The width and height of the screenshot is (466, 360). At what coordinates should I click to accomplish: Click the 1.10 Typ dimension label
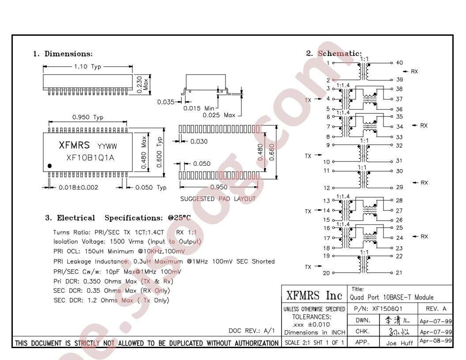pos(88,67)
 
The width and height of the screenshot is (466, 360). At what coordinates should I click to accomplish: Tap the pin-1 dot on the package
pos(49,166)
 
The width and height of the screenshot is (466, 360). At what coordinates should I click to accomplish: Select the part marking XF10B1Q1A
pos(90,158)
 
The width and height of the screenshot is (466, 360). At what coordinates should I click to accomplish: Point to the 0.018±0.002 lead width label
pos(79,187)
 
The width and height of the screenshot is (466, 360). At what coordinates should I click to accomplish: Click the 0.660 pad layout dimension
pos(272,152)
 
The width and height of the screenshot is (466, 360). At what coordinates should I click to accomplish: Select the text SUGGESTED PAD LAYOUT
pos(218,199)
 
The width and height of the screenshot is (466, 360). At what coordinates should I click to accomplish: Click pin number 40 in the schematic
pos(399,63)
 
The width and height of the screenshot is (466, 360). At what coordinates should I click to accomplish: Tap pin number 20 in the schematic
pos(326,273)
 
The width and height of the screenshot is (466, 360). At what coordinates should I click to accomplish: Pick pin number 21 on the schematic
pos(399,272)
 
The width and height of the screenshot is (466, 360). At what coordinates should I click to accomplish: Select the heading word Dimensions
pos(68,54)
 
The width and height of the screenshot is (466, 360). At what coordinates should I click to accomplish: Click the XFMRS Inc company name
pos(314,296)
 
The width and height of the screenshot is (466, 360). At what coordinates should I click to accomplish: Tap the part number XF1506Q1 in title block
pos(387,309)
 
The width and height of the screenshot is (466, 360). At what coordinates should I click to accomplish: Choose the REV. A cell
pos(436,309)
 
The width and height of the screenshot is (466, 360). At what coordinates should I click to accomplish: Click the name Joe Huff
pos(399,343)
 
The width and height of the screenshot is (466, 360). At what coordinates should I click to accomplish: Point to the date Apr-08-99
pos(436,341)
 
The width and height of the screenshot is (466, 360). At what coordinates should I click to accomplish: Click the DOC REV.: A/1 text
pos(252,330)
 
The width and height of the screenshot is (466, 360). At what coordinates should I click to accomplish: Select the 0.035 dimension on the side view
pos(166,102)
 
